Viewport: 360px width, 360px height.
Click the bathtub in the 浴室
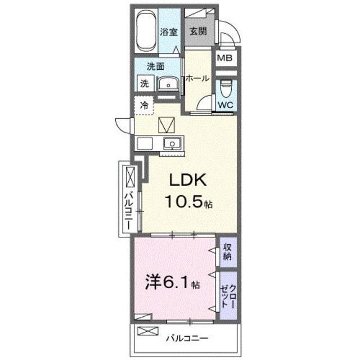(146, 31)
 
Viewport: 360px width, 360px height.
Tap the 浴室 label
(169, 31)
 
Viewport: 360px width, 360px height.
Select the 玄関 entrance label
(198, 31)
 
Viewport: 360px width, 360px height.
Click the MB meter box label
(224, 58)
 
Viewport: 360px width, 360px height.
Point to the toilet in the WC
(226, 89)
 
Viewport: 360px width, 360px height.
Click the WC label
(226, 105)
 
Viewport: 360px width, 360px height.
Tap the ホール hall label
(197, 79)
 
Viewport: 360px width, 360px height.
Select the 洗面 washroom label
(156, 66)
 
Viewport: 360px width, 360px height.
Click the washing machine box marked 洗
(145, 84)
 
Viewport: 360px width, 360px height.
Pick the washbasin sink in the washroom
(168, 83)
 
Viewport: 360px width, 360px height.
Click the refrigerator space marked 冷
(144, 105)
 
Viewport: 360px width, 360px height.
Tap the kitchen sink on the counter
(172, 143)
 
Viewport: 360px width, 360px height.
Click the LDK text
(188, 180)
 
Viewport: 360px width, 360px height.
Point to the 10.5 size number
(184, 201)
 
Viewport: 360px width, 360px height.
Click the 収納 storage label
(227, 252)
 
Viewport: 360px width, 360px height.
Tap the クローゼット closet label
(228, 296)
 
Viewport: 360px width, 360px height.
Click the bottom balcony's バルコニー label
(187, 338)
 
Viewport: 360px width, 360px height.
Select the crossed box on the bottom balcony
(148, 331)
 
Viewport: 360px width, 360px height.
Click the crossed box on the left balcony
(130, 177)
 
